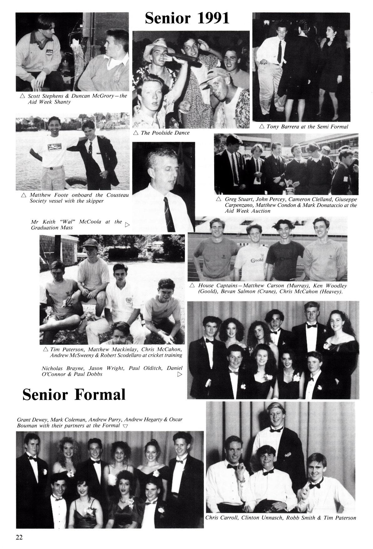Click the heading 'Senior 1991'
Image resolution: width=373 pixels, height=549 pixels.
[x=187, y=19]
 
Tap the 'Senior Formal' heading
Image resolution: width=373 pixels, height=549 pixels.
[x=74, y=395]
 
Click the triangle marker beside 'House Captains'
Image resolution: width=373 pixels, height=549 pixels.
[x=192, y=285]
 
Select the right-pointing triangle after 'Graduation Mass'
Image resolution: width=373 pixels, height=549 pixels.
[x=127, y=224]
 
